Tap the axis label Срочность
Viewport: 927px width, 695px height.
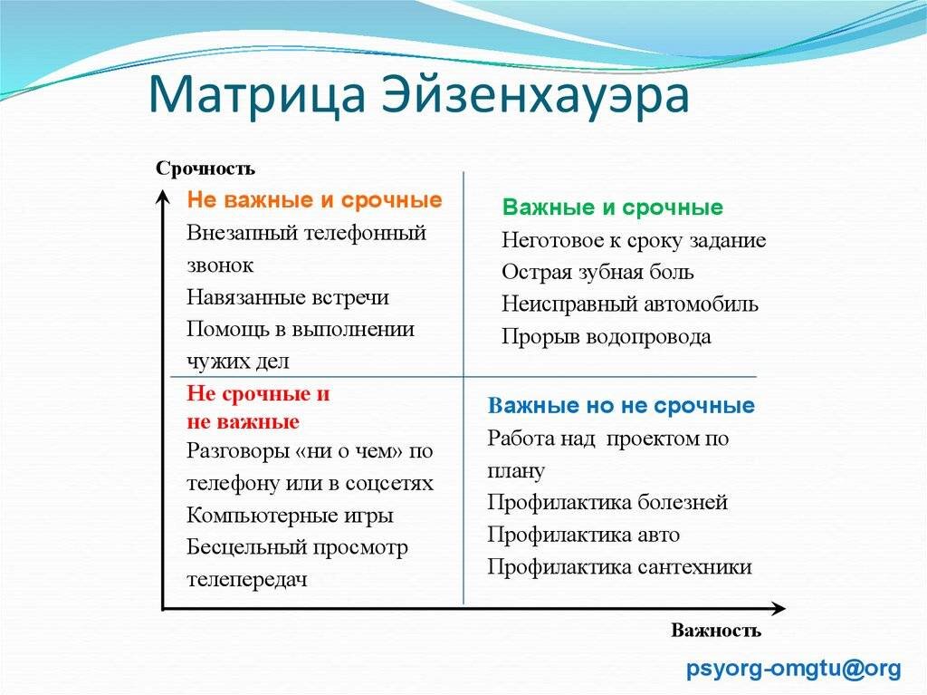(x=205, y=169)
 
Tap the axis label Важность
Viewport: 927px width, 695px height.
(x=716, y=631)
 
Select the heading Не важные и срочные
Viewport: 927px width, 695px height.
(x=314, y=200)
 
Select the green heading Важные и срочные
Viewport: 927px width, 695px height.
(x=613, y=208)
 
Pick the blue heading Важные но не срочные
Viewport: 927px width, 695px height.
(x=621, y=405)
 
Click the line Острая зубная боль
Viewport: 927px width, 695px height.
(x=597, y=272)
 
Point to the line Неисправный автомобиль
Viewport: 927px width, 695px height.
(x=630, y=304)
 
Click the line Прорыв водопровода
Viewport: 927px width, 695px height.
(x=607, y=337)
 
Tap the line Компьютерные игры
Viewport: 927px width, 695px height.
(x=290, y=516)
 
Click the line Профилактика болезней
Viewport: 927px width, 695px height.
(x=607, y=502)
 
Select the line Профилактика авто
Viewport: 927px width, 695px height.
(x=583, y=535)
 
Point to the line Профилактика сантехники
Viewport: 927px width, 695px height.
(x=619, y=567)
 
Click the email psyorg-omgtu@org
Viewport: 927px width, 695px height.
(x=794, y=669)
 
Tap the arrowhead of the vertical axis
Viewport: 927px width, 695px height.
(x=162, y=195)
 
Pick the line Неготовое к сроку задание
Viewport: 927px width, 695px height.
(x=634, y=240)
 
